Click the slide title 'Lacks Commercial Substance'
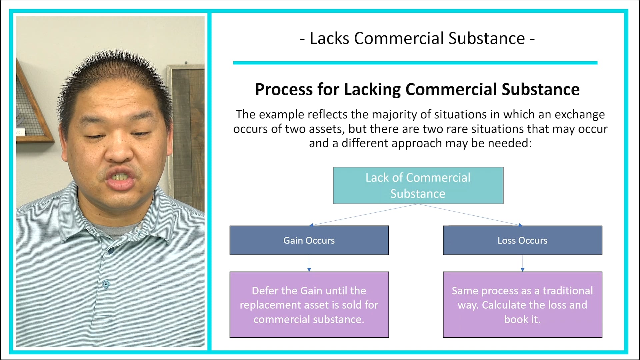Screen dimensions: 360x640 coord(417,38)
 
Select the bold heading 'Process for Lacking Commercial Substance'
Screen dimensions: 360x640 coord(417,89)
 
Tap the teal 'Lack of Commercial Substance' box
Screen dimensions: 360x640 coord(418,185)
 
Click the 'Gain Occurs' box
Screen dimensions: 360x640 coord(309,240)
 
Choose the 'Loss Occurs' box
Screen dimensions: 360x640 coord(522,240)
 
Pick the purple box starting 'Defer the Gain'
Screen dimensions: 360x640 coord(309,305)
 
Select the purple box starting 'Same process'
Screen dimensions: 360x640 coord(522,305)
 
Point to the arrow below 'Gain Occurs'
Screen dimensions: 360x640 coord(309,264)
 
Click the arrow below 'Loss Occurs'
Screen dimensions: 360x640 coord(522,264)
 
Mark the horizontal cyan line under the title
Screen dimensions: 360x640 coord(415,63)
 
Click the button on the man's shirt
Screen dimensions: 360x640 coord(106,284)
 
